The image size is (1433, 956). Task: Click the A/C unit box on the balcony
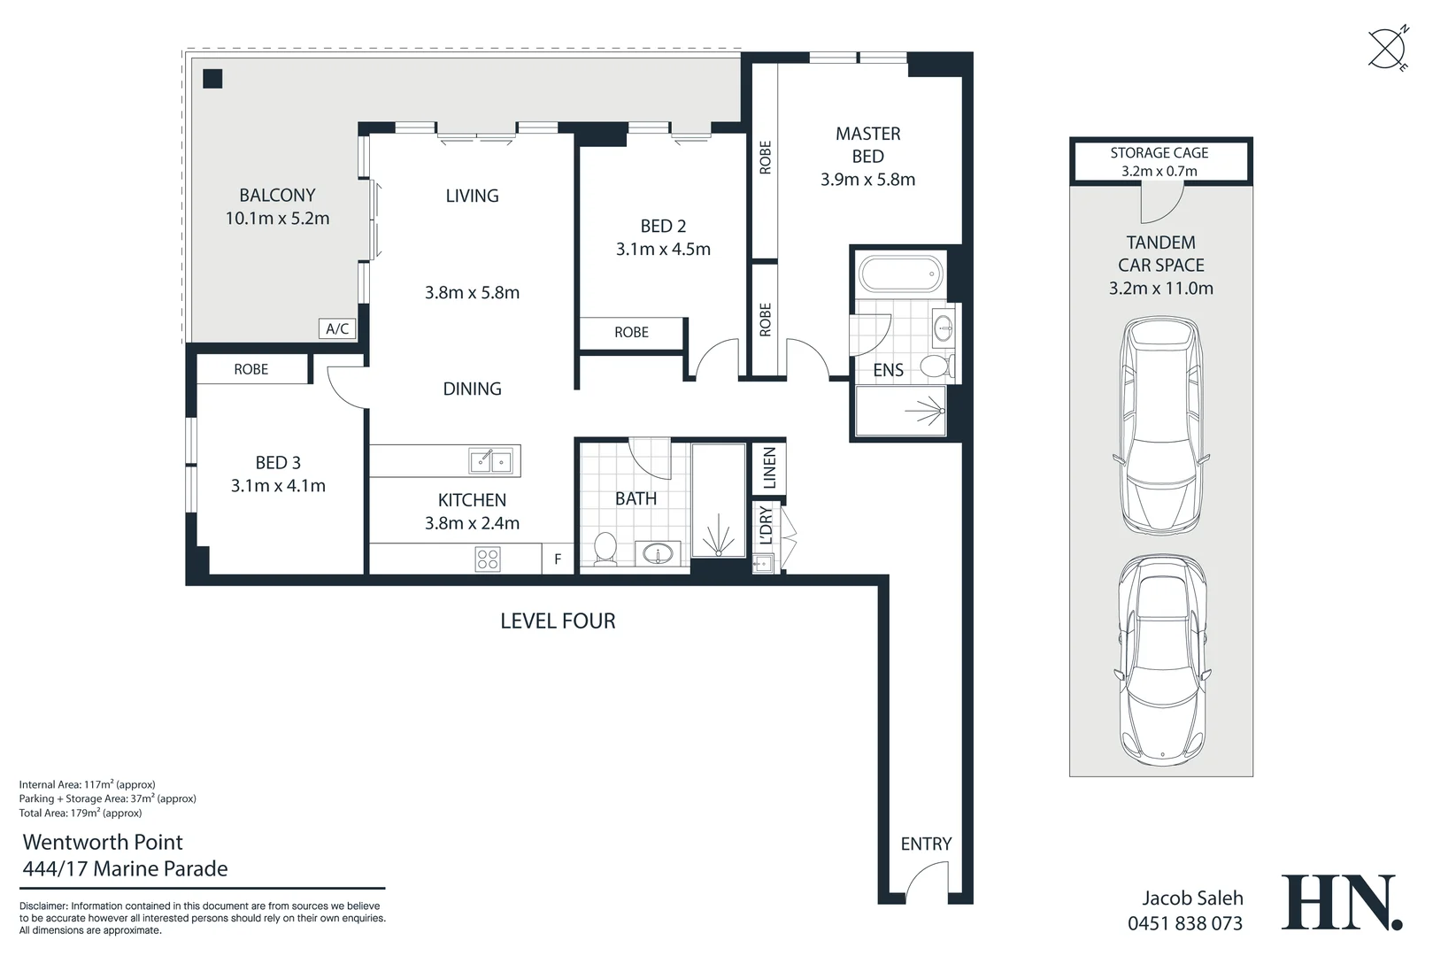(337, 329)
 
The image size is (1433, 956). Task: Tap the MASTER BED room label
(867, 144)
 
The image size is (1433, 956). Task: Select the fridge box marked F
(558, 559)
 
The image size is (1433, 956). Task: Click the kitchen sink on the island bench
(490, 460)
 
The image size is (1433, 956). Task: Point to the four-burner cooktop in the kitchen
(488, 559)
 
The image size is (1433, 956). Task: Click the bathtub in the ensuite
(900, 274)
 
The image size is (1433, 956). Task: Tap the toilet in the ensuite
(937, 366)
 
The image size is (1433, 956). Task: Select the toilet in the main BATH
(605, 549)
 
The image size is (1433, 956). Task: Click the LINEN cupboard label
(769, 467)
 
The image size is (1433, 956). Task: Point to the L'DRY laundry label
(767, 525)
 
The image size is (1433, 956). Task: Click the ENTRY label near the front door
(926, 844)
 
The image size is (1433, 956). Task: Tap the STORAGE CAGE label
(1159, 153)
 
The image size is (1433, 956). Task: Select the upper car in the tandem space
(1161, 426)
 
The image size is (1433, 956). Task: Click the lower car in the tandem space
(1162, 659)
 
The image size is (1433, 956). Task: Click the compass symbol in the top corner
(1388, 49)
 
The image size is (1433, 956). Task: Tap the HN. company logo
(1342, 903)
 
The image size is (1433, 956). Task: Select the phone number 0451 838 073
(1185, 923)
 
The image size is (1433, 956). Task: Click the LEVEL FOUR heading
(558, 621)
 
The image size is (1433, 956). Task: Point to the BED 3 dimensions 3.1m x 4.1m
(278, 486)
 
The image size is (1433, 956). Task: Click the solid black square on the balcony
(212, 79)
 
